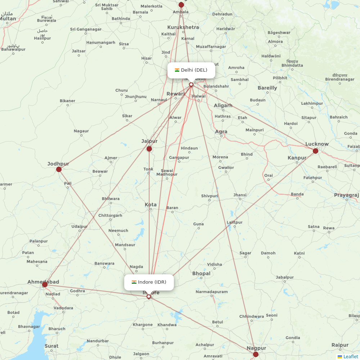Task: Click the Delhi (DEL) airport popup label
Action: pyautogui.click(x=191, y=70)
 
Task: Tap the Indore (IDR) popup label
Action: pyautogui.click(x=149, y=282)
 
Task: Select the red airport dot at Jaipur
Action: pyautogui.click(x=149, y=149)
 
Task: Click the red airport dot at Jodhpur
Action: pyautogui.click(x=59, y=169)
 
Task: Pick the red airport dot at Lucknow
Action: pyautogui.click(x=315, y=151)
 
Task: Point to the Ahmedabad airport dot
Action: pyautogui.click(x=45, y=285)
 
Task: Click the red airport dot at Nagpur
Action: pyautogui.click(x=256, y=354)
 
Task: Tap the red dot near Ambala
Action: pyautogui.click(x=181, y=5)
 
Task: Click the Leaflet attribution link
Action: pyautogui.click(x=350, y=356)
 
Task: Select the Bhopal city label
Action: pyautogui.click(x=201, y=274)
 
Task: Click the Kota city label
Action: pyautogui.click(x=150, y=204)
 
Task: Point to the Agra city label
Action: pyautogui.click(x=221, y=132)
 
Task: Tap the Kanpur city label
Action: pyautogui.click(x=297, y=158)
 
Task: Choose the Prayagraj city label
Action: pyautogui.click(x=346, y=195)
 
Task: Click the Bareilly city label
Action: pyautogui.click(x=267, y=88)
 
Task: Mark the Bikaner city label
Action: pyautogui.click(x=67, y=101)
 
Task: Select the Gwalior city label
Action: pyautogui.click(x=226, y=167)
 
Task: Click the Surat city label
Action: pyautogui.click(x=51, y=346)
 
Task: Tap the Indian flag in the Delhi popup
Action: pyautogui.click(x=177, y=70)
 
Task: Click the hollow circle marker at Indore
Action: pyautogui.click(x=148, y=297)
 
